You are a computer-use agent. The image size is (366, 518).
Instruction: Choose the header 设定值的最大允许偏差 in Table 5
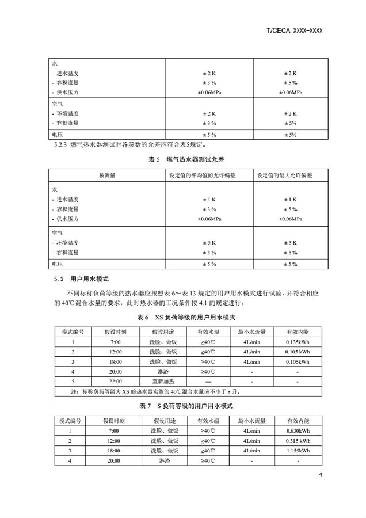point(289,175)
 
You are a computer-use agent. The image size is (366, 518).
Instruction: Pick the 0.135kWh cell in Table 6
point(297,341)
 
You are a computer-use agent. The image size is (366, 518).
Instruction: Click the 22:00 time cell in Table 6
point(113,381)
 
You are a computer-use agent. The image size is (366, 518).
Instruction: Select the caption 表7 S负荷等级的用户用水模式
point(182,406)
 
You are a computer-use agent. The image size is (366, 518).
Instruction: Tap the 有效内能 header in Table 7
point(297,420)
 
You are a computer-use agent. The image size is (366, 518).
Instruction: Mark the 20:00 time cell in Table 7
point(113,460)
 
